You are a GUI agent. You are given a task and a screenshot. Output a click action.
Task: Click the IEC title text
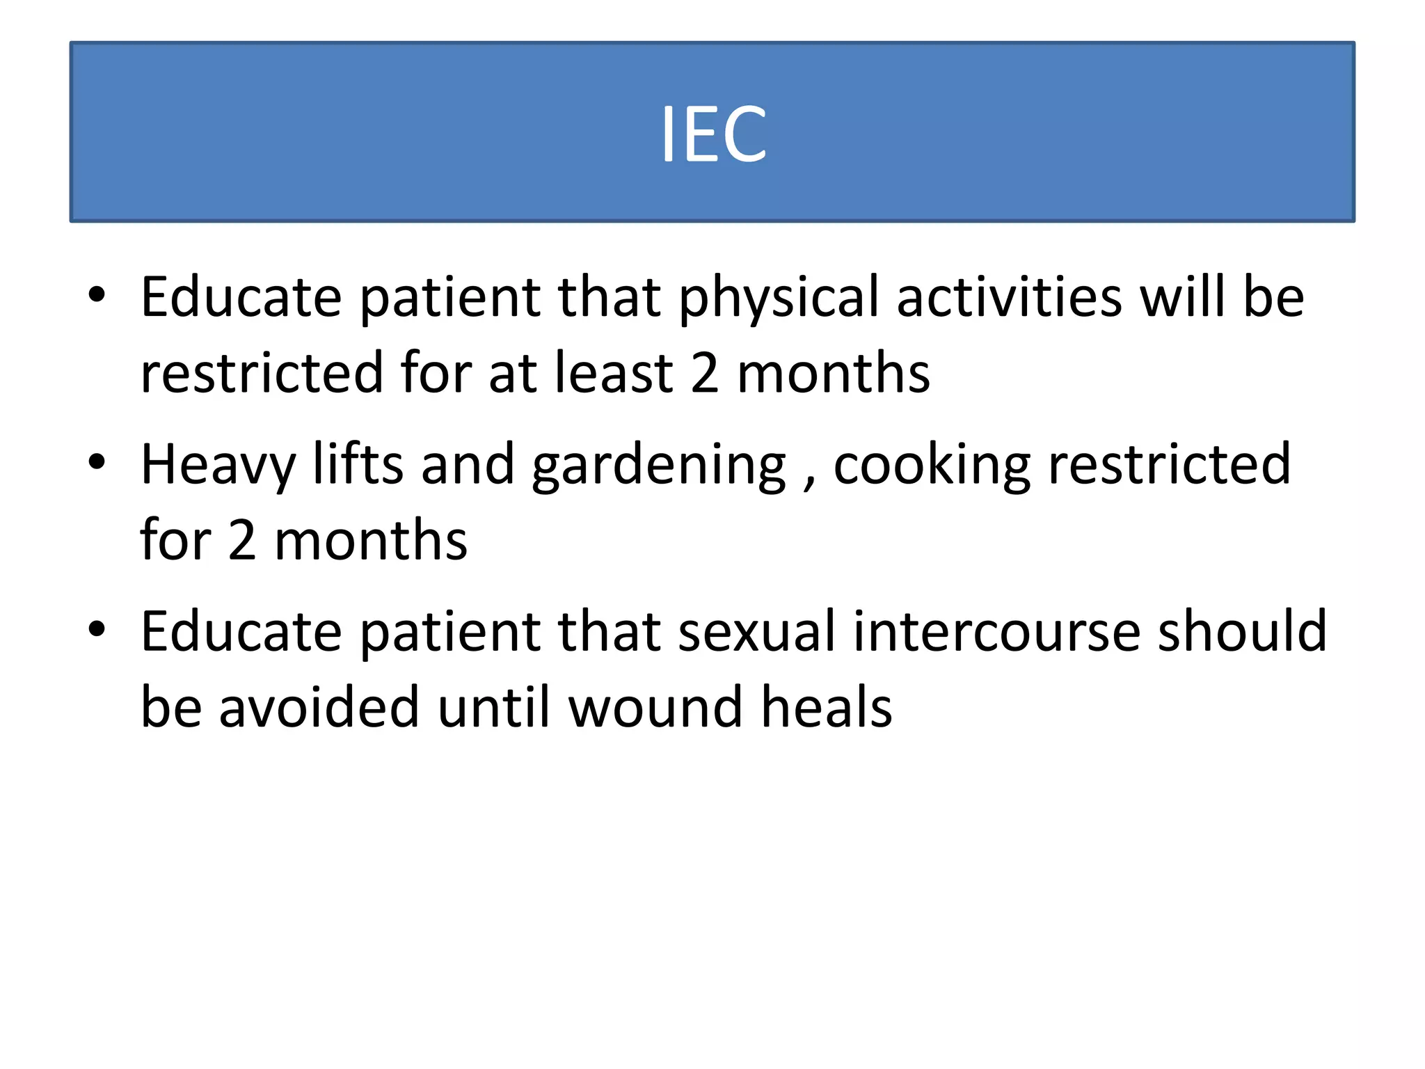click(x=713, y=134)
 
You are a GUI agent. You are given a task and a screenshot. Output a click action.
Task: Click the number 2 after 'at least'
click(x=705, y=373)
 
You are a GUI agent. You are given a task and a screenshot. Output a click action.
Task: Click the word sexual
click(x=756, y=631)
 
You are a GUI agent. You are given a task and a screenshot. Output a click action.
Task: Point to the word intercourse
click(x=996, y=631)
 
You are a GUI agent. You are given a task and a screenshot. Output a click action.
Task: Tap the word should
click(x=1242, y=631)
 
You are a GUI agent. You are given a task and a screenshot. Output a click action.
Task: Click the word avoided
click(x=319, y=707)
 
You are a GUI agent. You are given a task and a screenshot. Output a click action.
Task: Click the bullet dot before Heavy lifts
click(x=97, y=461)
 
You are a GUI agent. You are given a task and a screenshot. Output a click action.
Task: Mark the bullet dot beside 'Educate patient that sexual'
click(x=97, y=628)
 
